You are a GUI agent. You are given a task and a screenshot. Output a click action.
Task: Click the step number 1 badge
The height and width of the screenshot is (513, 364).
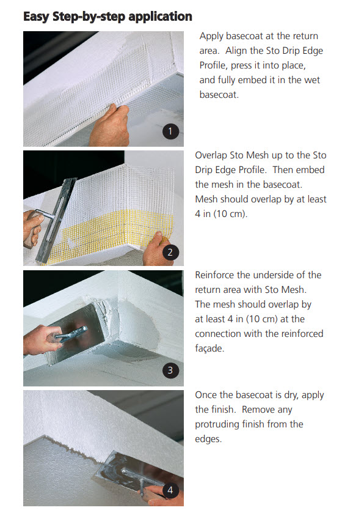(x=170, y=131)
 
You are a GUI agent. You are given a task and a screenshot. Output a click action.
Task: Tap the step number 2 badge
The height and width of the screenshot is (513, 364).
(x=170, y=253)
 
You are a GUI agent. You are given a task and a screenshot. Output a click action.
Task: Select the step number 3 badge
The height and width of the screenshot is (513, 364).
(x=170, y=370)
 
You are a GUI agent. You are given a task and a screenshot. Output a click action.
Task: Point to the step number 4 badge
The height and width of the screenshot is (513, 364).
(x=170, y=490)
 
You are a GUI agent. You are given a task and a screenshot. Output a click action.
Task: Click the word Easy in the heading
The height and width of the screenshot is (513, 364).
(x=36, y=17)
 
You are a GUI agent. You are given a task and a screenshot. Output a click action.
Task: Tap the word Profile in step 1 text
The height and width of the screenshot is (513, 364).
(x=213, y=65)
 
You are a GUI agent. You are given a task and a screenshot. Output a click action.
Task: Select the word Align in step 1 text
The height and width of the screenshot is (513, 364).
(x=236, y=51)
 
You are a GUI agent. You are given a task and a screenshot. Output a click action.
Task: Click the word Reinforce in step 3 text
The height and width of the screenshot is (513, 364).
(x=214, y=275)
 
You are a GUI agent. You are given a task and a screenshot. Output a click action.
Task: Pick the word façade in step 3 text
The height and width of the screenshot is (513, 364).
(x=209, y=349)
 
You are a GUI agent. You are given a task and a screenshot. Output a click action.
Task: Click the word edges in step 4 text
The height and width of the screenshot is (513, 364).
(x=208, y=439)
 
